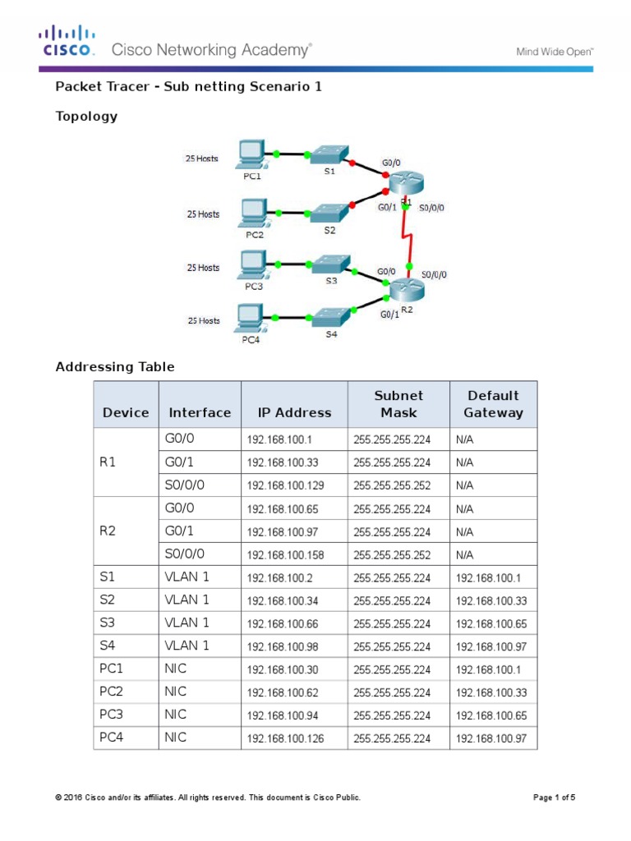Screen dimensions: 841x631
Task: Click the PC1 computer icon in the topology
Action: [x=250, y=153]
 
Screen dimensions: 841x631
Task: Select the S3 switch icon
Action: [x=330, y=266]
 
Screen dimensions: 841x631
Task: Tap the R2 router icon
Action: [x=405, y=290]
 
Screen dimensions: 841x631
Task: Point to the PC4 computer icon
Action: [x=250, y=315]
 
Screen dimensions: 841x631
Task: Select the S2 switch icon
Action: [x=329, y=212]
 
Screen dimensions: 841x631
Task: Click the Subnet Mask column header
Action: [x=398, y=404]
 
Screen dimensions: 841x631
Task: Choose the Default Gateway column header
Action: [x=493, y=404]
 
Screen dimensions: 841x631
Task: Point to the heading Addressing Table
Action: [x=114, y=367]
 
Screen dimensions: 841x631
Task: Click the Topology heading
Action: [x=86, y=116]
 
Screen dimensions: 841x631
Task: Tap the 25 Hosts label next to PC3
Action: [x=203, y=268]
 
